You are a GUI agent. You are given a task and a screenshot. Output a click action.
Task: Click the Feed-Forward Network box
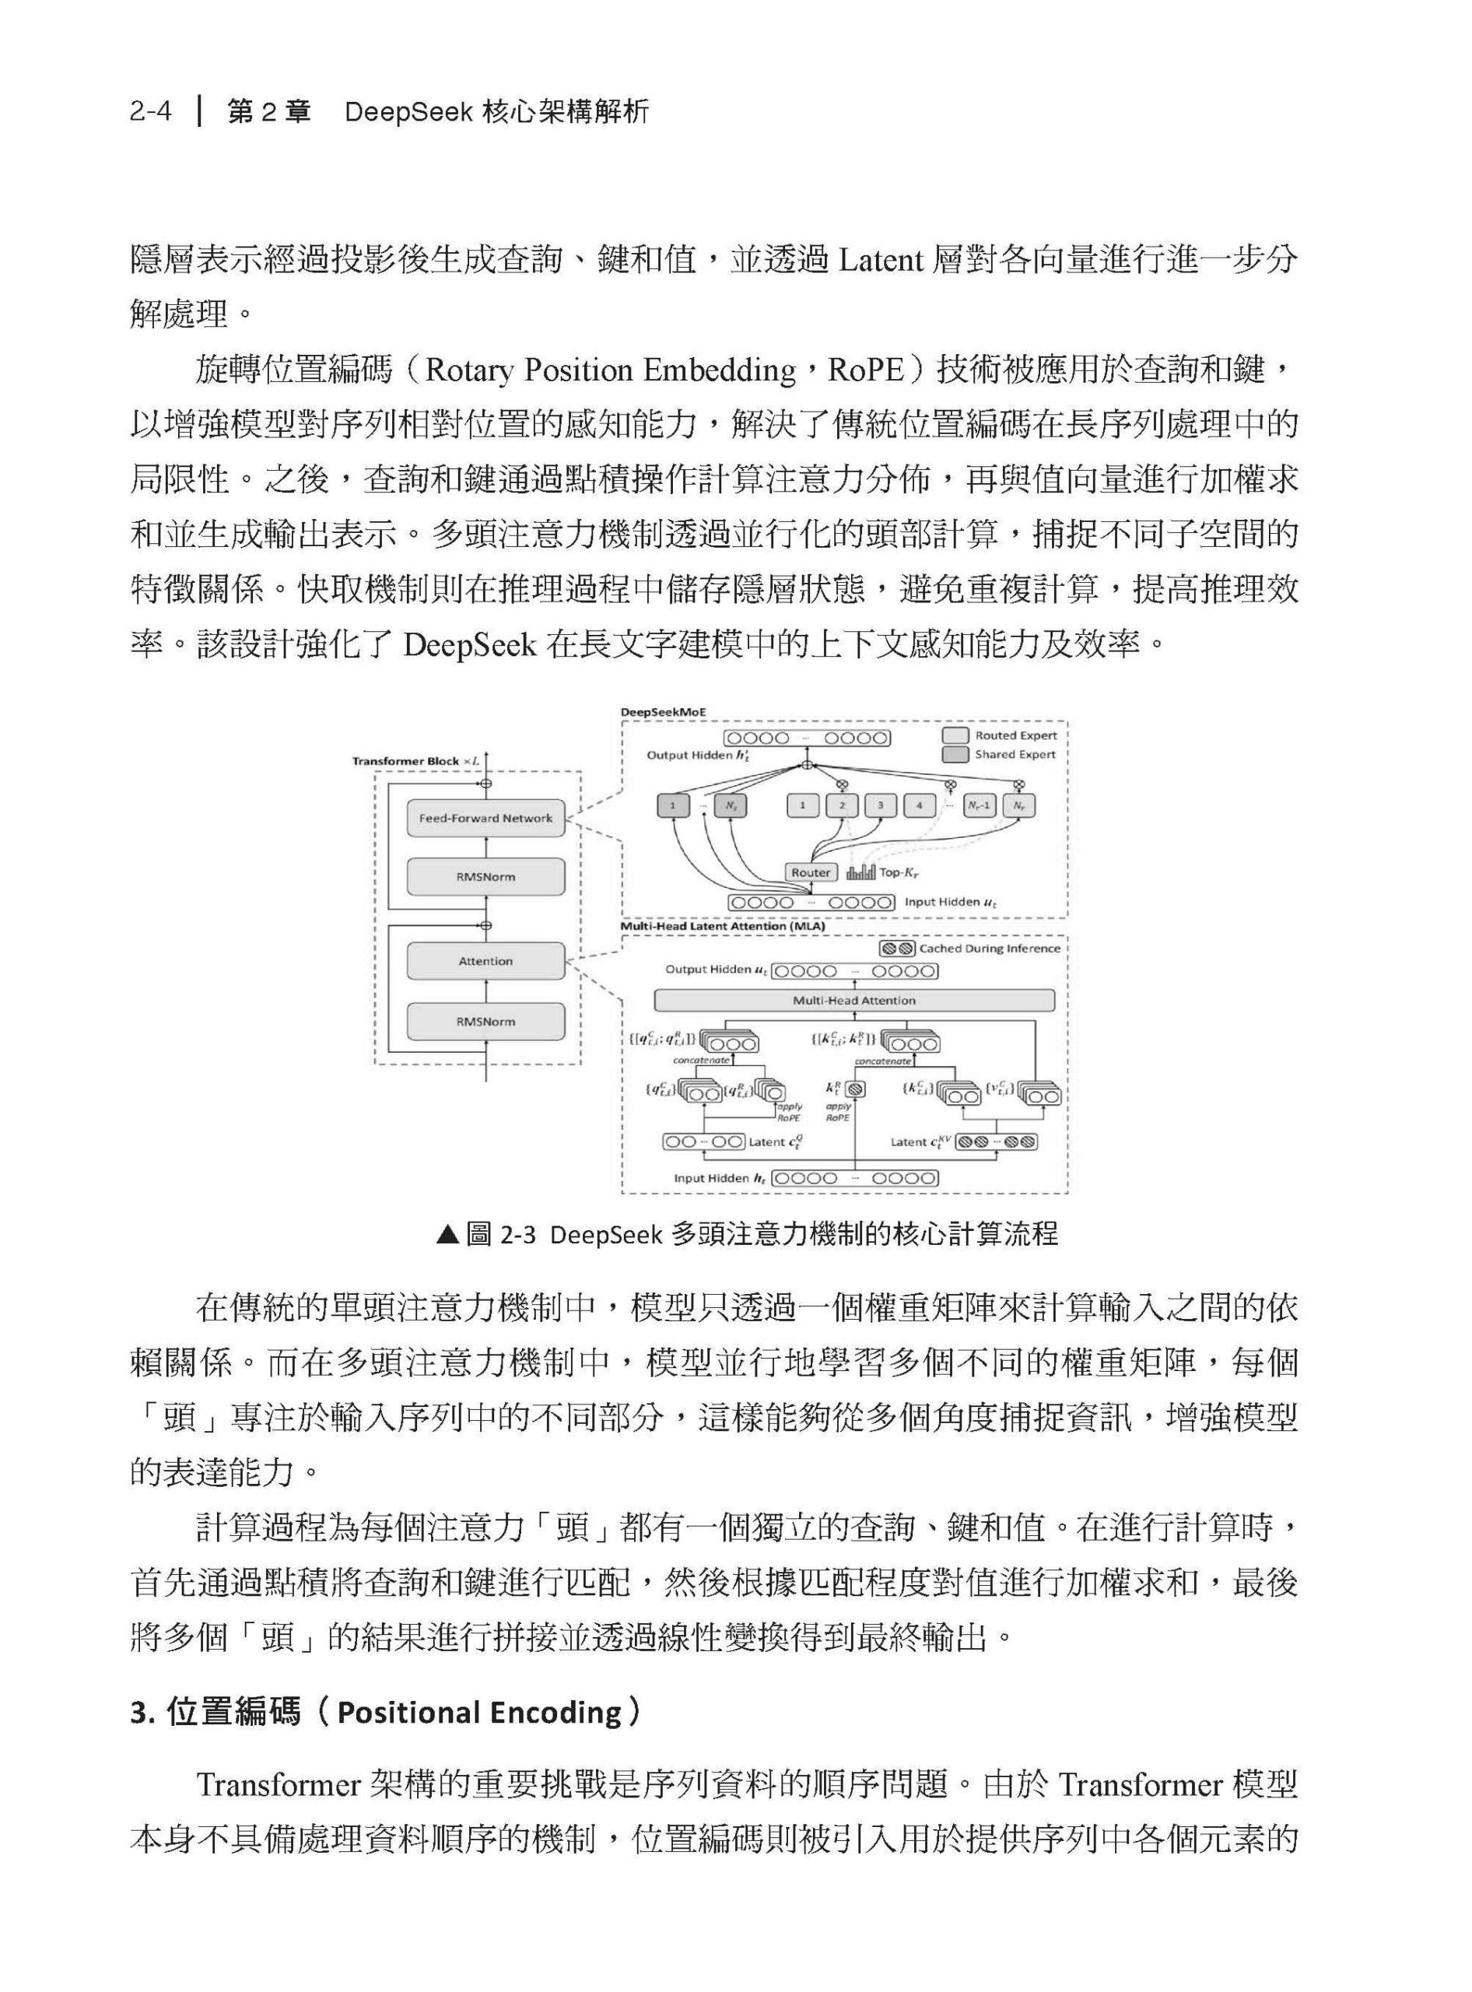(485, 818)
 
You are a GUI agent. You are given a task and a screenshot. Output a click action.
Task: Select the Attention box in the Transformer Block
(485, 961)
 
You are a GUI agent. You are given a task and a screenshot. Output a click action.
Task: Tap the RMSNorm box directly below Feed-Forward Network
(485, 877)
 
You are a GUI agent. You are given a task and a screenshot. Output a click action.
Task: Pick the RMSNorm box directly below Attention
(485, 1022)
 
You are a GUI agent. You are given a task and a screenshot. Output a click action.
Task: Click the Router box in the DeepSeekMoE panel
(810, 872)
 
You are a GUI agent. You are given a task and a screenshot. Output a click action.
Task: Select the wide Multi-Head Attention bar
(853, 1000)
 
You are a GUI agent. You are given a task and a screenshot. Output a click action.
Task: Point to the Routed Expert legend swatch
(955, 735)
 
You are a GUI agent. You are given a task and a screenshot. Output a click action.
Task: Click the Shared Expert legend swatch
(955, 755)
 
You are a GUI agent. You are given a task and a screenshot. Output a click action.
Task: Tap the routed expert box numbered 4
(919, 805)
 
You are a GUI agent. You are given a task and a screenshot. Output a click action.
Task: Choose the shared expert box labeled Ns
(731, 805)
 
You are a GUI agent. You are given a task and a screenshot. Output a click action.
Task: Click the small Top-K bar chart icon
(860, 872)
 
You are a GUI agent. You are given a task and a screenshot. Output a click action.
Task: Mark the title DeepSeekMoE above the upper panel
(663, 712)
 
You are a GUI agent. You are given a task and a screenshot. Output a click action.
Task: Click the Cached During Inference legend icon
(896, 949)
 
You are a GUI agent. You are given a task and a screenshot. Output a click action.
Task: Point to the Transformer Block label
(405, 761)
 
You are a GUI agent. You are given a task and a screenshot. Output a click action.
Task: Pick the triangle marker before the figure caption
(447, 1234)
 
